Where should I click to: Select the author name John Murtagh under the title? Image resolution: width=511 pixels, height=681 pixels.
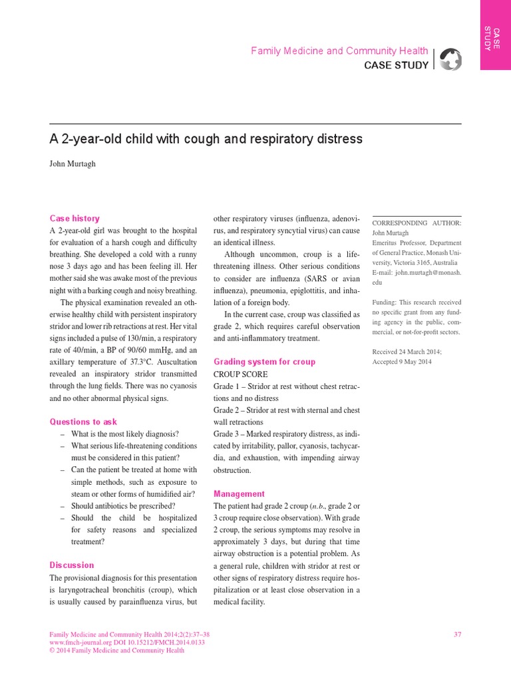[73, 164]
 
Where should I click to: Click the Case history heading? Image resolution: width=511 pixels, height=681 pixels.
[75, 218]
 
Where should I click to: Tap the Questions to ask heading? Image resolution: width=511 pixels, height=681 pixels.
[83, 422]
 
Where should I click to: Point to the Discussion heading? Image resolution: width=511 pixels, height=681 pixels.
[72, 565]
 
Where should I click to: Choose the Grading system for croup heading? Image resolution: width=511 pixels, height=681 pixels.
[264, 362]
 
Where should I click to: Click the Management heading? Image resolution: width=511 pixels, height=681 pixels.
[239, 493]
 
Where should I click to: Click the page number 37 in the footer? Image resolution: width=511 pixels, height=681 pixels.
[457, 634]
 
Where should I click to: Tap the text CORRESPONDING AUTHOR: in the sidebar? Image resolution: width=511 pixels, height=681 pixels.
[417, 223]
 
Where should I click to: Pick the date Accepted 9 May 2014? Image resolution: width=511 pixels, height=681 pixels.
[402, 361]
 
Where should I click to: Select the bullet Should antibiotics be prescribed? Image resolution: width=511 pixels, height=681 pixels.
[123, 505]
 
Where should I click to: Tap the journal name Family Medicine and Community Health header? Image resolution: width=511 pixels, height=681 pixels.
[339, 51]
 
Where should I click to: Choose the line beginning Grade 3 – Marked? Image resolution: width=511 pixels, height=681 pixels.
[286, 434]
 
